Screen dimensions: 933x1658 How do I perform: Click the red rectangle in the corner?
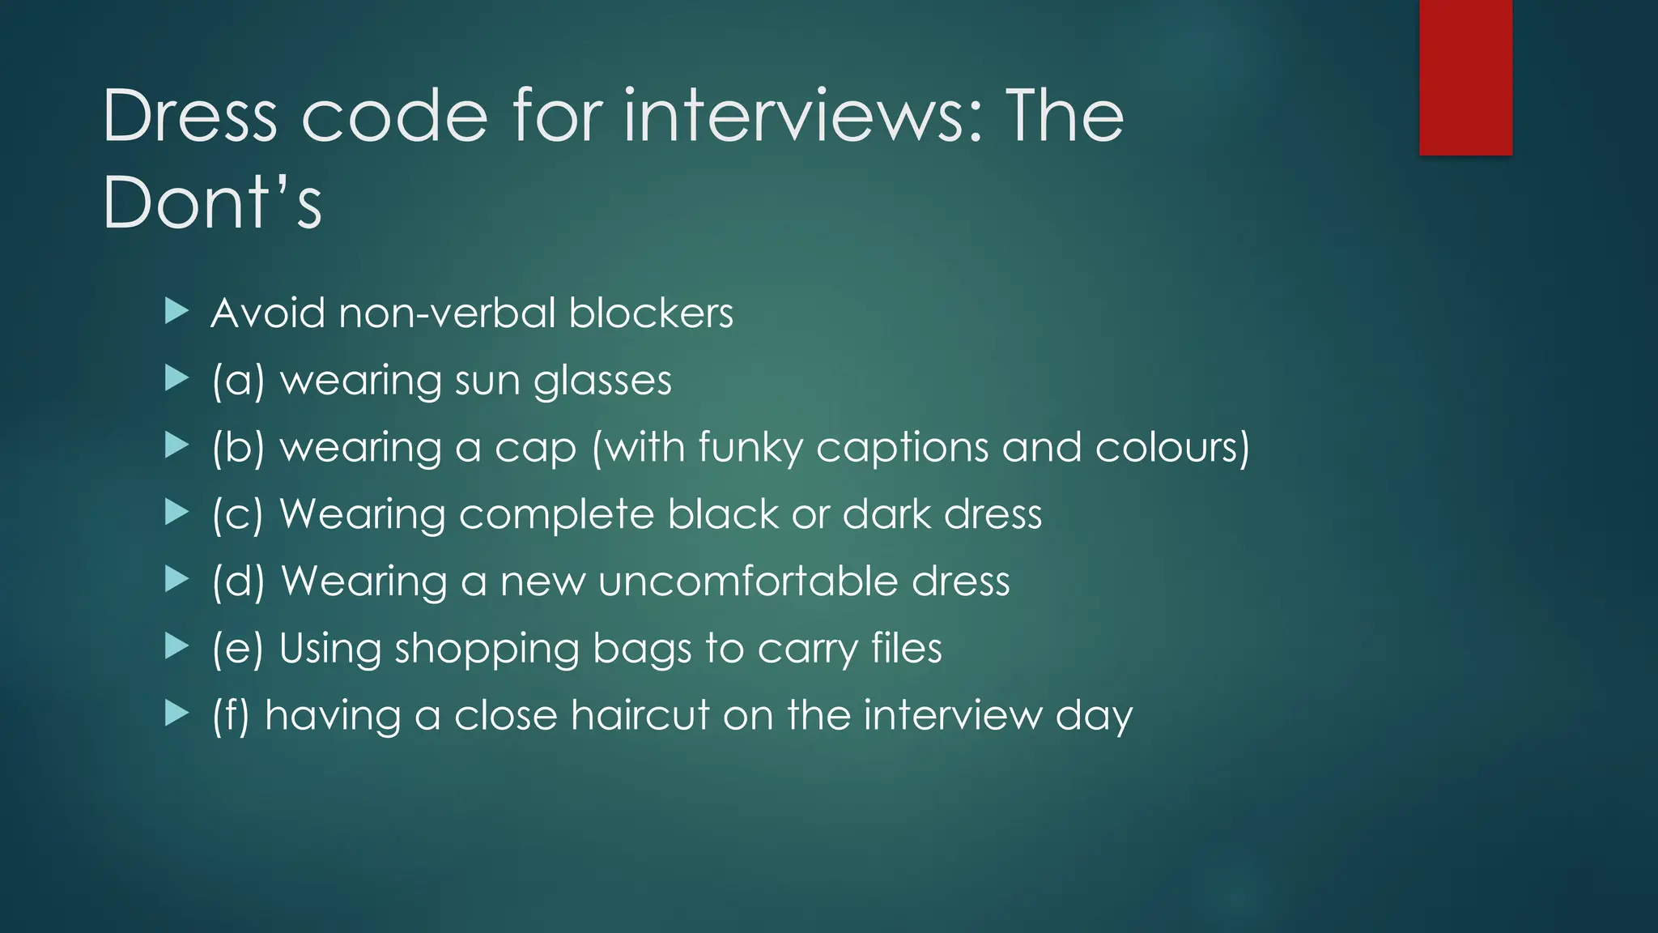tap(1465, 78)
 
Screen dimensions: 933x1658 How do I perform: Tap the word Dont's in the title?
tap(212, 202)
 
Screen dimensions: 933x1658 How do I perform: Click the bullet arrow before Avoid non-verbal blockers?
tap(176, 311)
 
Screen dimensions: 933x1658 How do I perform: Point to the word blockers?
tap(651, 313)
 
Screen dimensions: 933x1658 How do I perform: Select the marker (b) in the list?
tap(238, 448)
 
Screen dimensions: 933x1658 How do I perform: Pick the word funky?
tap(750, 448)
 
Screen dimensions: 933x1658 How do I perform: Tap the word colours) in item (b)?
tap(1172, 448)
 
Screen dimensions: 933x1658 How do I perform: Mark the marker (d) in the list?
tap(238, 582)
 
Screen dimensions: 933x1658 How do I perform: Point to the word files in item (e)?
tap(907, 650)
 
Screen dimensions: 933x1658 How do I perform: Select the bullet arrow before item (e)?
tap(176, 646)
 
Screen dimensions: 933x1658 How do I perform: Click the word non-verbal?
tap(447, 313)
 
